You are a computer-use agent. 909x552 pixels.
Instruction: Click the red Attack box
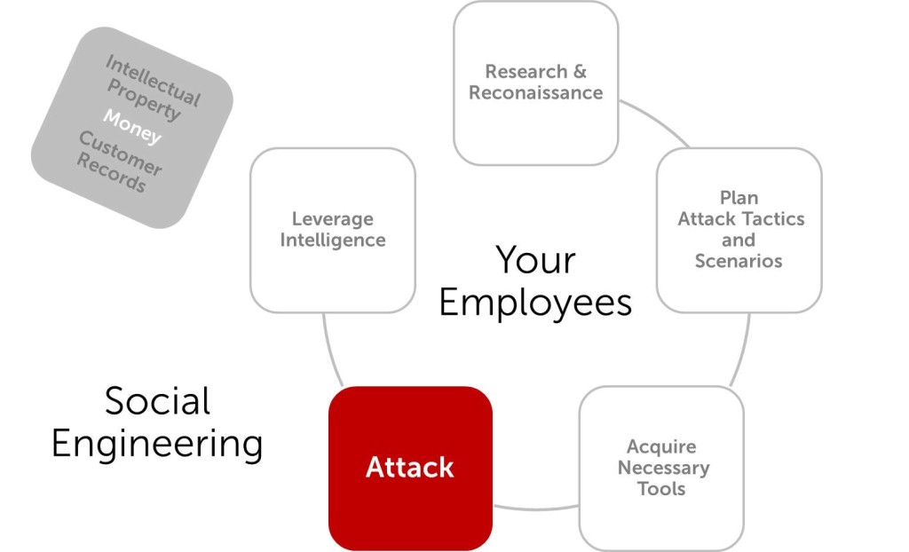point(410,467)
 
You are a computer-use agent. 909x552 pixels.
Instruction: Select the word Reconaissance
point(535,92)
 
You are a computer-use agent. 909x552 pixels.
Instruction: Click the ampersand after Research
point(579,71)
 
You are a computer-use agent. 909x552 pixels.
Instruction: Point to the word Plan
point(739,197)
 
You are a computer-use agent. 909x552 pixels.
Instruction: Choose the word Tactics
point(771,218)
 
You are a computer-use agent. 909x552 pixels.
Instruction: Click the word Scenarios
point(739,261)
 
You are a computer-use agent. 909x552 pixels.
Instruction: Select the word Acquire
point(661,446)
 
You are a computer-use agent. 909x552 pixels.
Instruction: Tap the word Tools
point(661,488)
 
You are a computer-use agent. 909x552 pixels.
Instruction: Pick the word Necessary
point(663,468)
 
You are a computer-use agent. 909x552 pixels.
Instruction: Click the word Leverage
point(333,218)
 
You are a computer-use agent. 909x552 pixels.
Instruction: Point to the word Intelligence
point(333,240)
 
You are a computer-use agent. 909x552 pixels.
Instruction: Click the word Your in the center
point(535,260)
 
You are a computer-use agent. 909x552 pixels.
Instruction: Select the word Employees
point(535,302)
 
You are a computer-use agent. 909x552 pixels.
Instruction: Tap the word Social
point(157,400)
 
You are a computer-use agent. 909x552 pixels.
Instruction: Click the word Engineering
point(157,443)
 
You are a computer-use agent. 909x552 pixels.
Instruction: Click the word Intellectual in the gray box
point(154,80)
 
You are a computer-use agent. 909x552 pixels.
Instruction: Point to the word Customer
point(120,153)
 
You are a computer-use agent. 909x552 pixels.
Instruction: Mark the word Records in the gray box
point(110,174)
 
